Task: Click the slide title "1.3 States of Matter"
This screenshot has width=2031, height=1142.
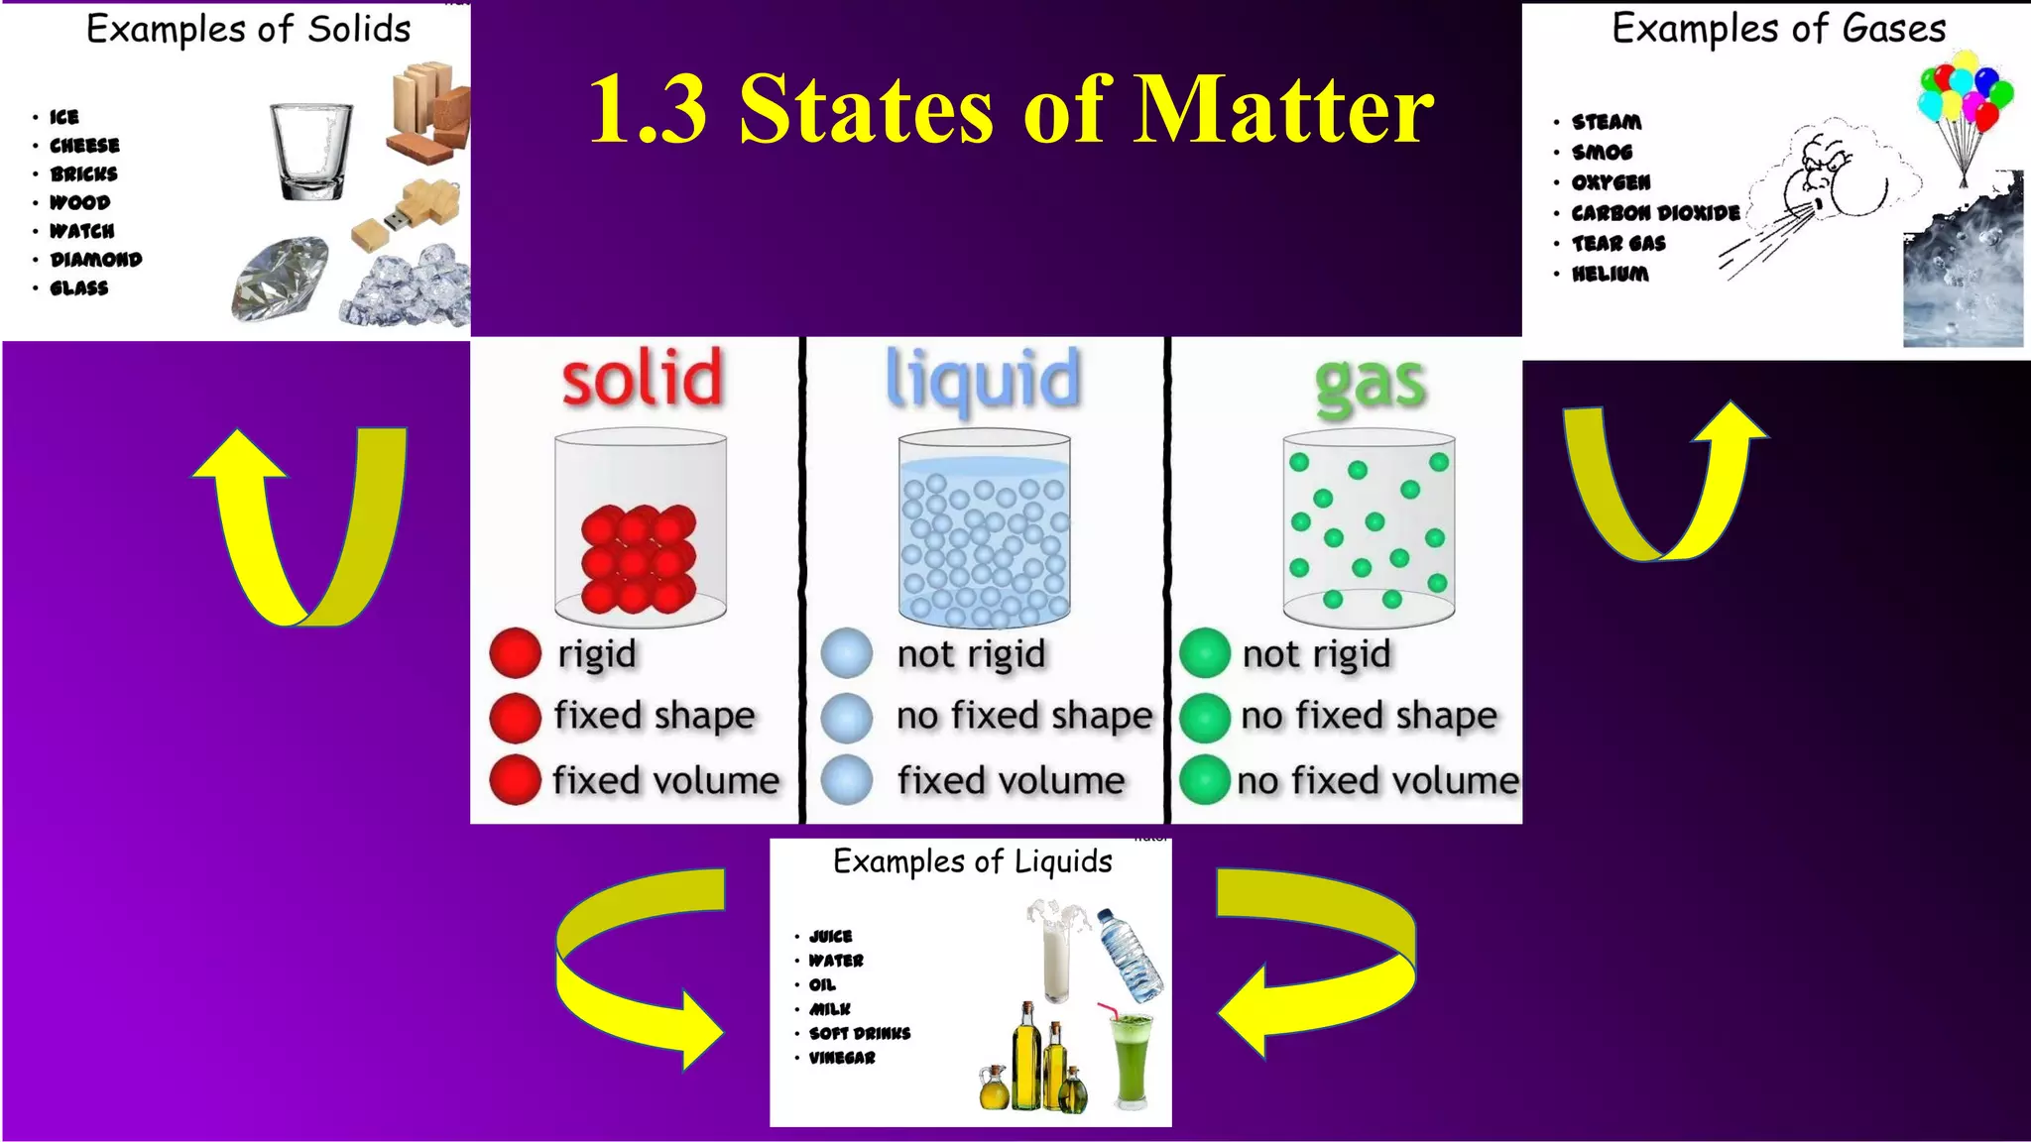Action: [x=1011, y=110]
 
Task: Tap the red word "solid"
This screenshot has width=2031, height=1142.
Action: [x=643, y=379]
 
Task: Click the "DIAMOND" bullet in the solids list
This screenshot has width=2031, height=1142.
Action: [x=96, y=260]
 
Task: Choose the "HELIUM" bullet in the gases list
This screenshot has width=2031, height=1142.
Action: [x=1610, y=274]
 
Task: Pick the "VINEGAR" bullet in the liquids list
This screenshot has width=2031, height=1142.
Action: [x=842, y=1058]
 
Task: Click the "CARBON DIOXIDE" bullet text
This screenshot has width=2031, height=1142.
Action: [x=1655, y=213]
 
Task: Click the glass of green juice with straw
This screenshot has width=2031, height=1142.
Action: [x=1130, y=1056]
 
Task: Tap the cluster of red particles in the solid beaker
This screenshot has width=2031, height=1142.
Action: [x=639, y=557]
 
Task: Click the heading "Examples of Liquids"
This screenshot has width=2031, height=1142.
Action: [x=972, y=861]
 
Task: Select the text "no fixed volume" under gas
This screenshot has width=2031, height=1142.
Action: [x=1377, y=781]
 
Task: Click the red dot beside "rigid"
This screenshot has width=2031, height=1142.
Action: [x=516, y=653]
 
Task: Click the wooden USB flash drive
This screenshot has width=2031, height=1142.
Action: [x=407, y=218]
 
